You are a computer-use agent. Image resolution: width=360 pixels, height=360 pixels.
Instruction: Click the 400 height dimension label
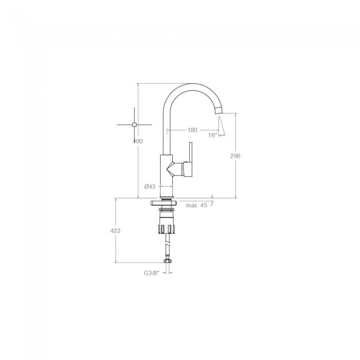pyautogui.click(x=138, y=141)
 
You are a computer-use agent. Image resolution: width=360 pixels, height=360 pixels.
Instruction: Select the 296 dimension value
pyautogui.click(x=235, y=156)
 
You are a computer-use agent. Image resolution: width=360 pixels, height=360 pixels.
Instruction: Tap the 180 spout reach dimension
pyautogui.click(x=192, y=130)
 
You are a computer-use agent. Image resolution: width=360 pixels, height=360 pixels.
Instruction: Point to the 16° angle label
pyautogui.click(x=213, y=135)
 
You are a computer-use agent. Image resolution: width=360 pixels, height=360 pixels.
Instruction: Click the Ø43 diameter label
pyautogui.click(x=150, y=187)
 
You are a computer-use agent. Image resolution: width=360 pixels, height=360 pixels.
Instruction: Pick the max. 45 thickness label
pyautogui.click(x=197, y=205)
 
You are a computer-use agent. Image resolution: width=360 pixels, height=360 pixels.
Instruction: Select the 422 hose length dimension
pyautogui.click(x=115, y=231)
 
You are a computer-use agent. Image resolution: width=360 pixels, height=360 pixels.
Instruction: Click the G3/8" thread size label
pyautogui.click(x=152, y=273)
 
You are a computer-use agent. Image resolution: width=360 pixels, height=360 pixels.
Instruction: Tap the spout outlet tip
pyautogui.click(x=219, y=111)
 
